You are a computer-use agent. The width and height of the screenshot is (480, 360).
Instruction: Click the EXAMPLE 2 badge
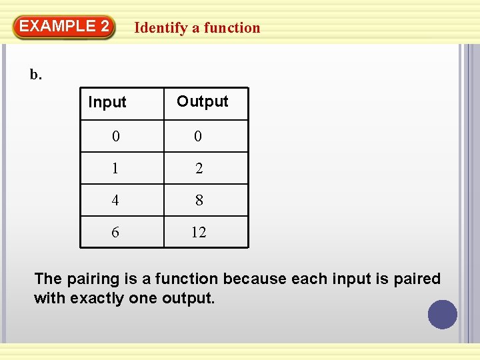pyautogui.click(x=64, y=27)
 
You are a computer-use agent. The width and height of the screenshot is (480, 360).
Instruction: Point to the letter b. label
pyautogui.click(x=36, y=75)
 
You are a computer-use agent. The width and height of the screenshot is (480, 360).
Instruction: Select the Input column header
pyautogui.click(x=107, y=103)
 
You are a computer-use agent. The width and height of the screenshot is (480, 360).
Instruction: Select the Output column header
pyautogui.click(x=202, y=101)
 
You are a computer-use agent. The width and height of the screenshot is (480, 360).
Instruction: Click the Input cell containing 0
pyautogui.click(x=116, y=137)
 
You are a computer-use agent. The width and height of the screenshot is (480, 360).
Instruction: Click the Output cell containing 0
pyautogui.click(x=198, y=137)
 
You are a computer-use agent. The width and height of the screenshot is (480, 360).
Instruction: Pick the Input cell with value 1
pyautogui.click(x=116, y=169)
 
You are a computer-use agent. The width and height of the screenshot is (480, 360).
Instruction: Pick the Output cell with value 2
pyautogui.click(x=199, y=169)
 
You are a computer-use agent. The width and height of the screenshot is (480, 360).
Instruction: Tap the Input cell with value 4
pyautogui.click(x=116, y=200)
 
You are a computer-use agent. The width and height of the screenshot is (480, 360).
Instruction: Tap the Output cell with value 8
pyautogui.click(x=199, y=200)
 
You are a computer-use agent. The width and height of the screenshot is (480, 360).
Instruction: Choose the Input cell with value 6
pyautogui.click(x=116, y=232)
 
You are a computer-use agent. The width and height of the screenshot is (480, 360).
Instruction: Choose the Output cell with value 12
pyautogui.click(x=199, y=232)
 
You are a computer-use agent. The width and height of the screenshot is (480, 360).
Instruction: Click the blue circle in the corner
pyautogui.click(x=443, y=315)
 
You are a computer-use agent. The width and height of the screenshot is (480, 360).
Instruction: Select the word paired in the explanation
pyautogui.click(x=417, y=279)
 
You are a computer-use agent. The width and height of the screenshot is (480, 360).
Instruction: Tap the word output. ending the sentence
pyautogui.click(x=189, y=298)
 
